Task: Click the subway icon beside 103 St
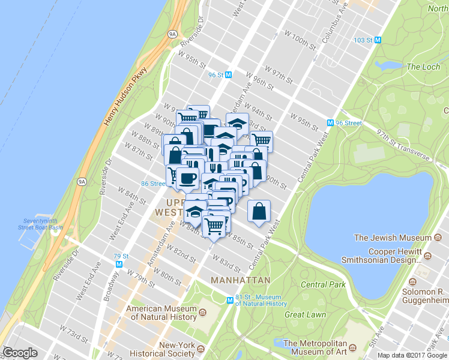378,40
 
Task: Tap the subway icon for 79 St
119,263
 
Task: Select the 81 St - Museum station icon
229,300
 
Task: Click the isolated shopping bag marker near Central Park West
259,212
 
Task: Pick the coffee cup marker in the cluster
187,178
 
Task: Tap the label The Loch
423,67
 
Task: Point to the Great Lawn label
305,314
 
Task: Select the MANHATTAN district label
240,280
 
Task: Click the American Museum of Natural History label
161,313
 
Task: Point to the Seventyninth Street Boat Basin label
40,223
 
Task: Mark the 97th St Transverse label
403,145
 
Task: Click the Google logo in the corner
20,353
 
